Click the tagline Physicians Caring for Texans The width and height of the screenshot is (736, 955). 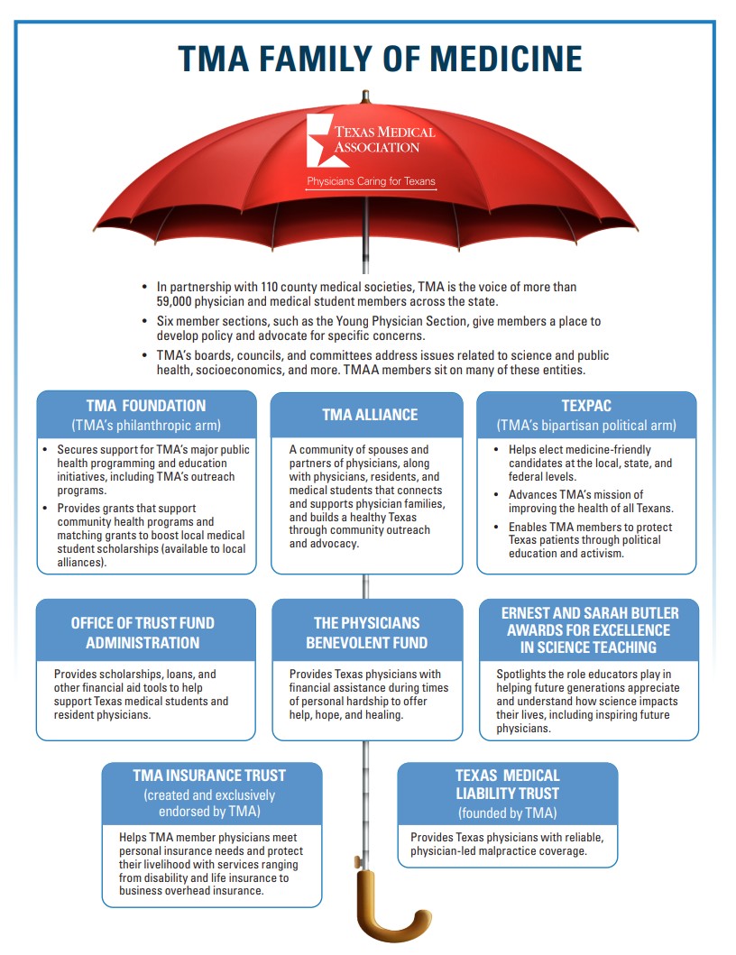(x=371, y=182)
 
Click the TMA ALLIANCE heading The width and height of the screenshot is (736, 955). (x=370, y=415)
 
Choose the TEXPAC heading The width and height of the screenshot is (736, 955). (x=586, y=406)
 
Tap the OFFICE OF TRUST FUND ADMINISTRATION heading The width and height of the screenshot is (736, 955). (x=143, y=632)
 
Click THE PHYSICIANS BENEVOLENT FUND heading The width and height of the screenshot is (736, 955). (x=365, y=632)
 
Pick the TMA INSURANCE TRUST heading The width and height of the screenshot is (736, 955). (x=209, y=775)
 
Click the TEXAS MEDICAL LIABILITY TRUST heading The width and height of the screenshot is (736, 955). (x=507, y=785)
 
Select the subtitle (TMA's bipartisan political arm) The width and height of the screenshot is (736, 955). (x=586, y=425)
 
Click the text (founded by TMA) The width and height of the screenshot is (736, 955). (x=507, y=813)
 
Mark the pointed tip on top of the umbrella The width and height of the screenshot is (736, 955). (x=365, y=96)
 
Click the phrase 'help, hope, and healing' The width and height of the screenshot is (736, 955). (x=346, y=714)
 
